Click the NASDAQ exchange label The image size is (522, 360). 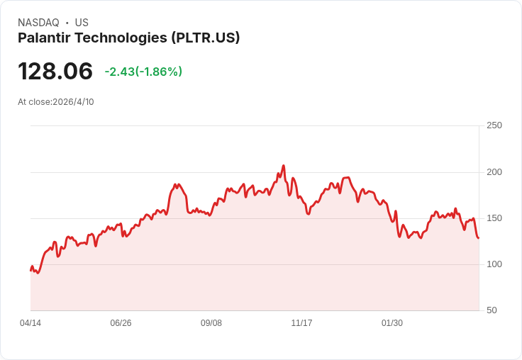38,23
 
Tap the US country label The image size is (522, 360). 82,23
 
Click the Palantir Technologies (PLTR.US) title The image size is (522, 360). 128,38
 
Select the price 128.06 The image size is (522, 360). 55,72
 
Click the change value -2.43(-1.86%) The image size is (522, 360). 143,72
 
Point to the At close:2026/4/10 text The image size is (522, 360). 56,102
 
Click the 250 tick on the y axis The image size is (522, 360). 494,125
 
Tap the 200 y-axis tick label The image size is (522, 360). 494,172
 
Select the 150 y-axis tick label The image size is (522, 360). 494,218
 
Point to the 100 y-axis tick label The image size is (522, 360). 494,264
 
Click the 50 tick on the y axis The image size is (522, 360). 491,310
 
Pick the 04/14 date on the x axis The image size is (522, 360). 30,323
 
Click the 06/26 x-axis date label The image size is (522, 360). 121,323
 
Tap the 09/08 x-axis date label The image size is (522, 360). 211,323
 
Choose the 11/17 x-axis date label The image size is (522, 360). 301,323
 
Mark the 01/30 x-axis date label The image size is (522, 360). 392,323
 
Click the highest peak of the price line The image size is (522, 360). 283,166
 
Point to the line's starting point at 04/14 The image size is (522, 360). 30,270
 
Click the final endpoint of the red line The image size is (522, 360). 479,237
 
